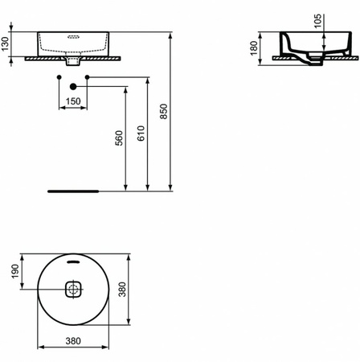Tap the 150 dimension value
coord(73,101)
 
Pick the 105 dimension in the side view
coord(318,22)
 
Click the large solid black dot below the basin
coord(73,86)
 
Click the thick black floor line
coord(72,191)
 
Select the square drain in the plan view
coord(73,289)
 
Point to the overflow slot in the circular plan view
coord(73,261)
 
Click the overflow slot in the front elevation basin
coord(73,36)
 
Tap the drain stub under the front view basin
coord(73,61)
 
